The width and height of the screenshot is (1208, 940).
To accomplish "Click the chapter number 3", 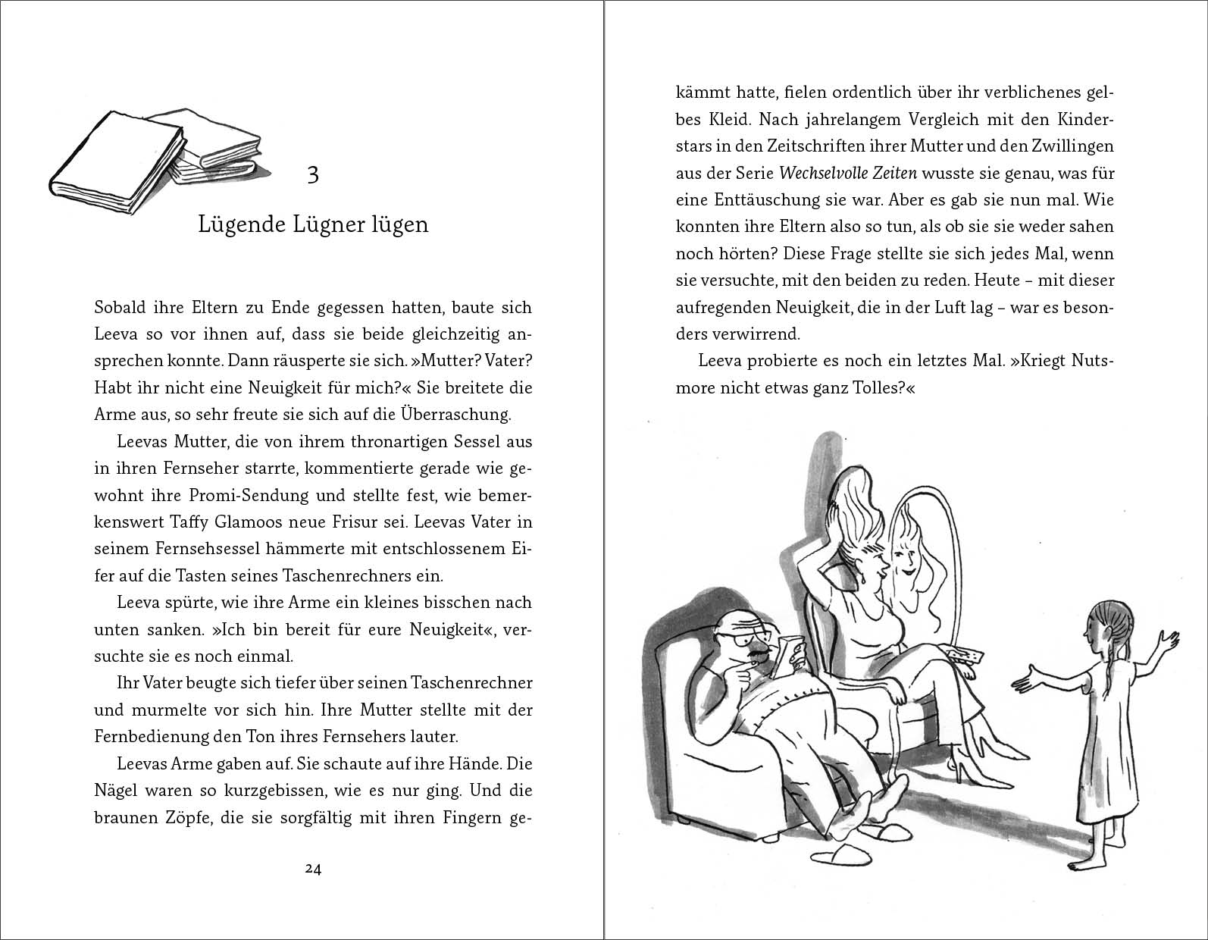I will [x=313, y=175].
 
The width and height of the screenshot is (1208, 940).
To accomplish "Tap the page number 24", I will [x=313, y=869].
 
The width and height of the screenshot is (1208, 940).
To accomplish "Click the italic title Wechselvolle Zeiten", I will [x=848, y=174].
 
